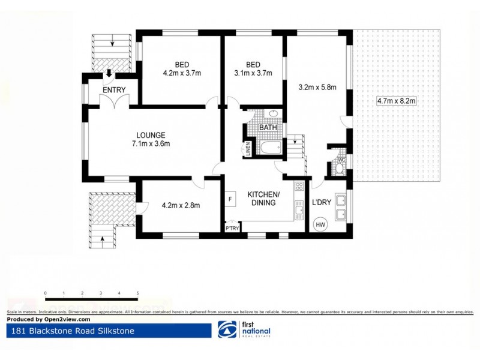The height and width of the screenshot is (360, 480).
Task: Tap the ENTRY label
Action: (113, 90)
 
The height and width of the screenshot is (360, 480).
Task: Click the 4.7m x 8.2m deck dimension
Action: (396, 101)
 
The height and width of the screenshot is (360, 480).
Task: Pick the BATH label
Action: (267, 127)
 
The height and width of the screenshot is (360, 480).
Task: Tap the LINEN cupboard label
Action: (248, 149)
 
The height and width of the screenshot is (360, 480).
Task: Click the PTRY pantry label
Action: (231, 229)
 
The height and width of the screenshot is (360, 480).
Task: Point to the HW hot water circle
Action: (320, 225)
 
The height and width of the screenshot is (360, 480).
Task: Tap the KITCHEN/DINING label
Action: (264, 199)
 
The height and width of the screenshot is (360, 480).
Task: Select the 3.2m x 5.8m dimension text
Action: (317, 87)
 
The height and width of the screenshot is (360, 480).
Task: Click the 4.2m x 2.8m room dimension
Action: (181, 206)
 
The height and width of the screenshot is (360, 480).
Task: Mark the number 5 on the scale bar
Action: (138, 293)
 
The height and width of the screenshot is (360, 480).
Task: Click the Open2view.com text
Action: (56, 319)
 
